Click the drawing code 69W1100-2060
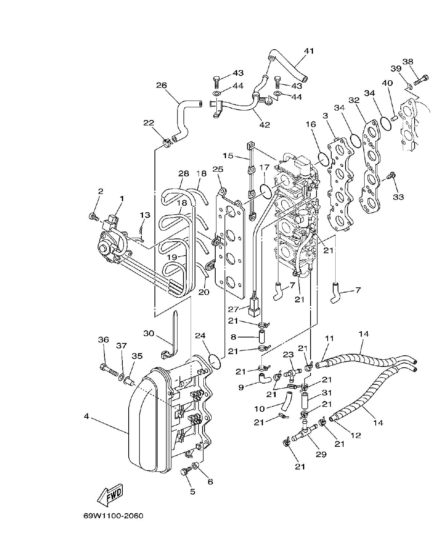113,516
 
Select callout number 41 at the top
309,51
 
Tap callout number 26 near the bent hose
162,85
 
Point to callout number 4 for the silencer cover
86,417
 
